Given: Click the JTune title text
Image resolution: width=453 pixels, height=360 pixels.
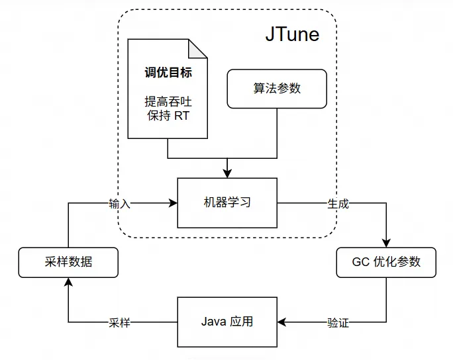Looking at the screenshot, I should (292, 34).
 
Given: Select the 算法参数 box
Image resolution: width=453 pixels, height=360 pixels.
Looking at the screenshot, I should (277, 88).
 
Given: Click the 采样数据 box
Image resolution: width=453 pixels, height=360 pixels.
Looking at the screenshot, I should (68, 262).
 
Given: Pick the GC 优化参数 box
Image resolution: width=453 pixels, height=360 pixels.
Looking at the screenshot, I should (387, 262).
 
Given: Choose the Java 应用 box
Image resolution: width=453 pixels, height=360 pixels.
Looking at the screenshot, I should (227, 322).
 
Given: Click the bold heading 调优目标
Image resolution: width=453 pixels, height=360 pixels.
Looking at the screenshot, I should (168, 72).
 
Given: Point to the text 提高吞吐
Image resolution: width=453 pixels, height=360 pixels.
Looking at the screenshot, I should (168, 103).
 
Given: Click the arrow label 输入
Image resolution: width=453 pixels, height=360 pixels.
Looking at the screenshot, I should (120, 204).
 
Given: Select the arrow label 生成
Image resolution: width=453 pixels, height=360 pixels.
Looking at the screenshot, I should (338, 204).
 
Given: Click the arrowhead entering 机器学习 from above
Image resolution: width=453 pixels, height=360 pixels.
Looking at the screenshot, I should (227, 174).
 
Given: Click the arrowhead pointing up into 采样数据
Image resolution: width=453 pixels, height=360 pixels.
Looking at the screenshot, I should (68, 281).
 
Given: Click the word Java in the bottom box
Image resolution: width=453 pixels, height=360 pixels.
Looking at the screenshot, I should (213, 322).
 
